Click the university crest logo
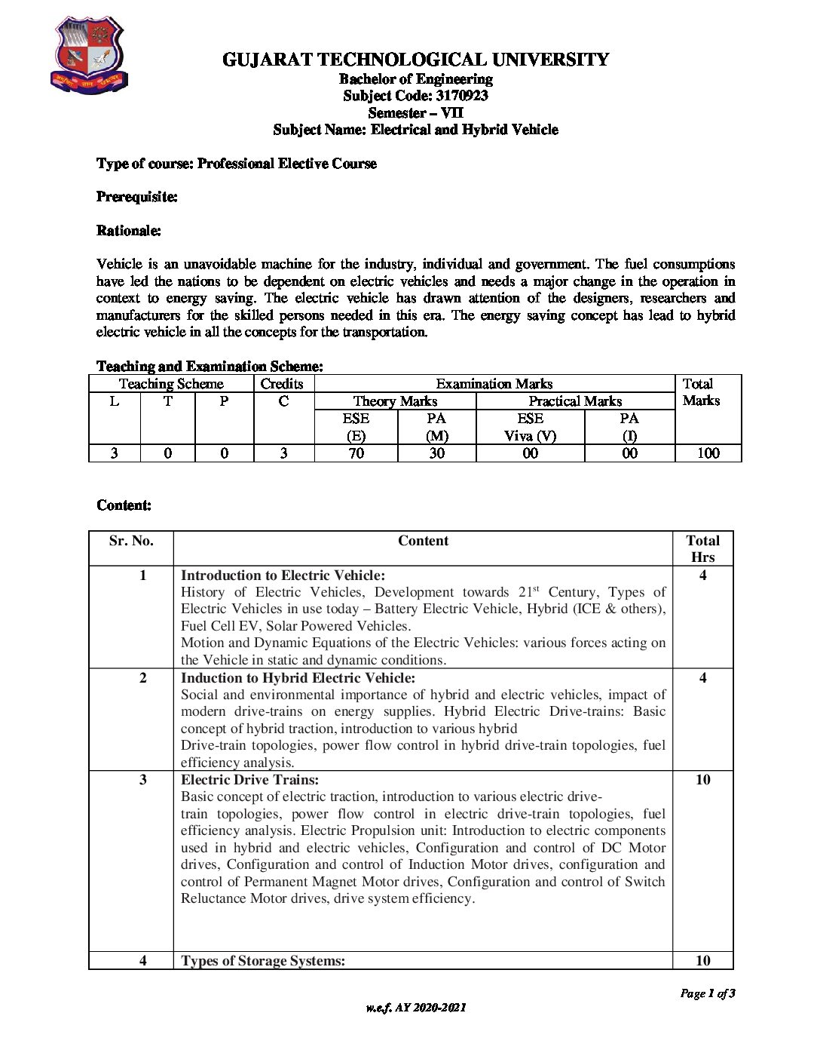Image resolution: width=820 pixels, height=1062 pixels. pos(89,57)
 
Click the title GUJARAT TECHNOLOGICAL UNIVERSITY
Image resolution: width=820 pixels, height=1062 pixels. pos(415,60)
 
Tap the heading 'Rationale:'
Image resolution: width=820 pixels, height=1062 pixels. pos(129,231)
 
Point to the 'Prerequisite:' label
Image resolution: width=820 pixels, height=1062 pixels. pos(137,197)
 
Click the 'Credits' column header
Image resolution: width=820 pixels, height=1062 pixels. pos(282,384)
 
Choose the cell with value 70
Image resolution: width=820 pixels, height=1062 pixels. pos(356,453)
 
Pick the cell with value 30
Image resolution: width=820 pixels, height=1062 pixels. pos(436,453)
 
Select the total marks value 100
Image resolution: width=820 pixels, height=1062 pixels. pos(708,453)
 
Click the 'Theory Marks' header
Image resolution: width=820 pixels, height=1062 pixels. pos(395,401)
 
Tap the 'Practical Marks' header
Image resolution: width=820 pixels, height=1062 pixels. pos(575,401)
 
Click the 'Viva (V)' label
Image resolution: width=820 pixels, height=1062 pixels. pos(530,436)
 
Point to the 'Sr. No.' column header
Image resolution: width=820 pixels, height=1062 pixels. pos(131,541)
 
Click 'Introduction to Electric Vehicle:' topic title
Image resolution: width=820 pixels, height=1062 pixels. pos(283,576)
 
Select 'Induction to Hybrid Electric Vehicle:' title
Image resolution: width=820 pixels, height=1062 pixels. pos(298,678)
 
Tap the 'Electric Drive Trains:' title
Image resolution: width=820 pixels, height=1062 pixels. pos(249,780)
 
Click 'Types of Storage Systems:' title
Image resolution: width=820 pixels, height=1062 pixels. pos(263,961)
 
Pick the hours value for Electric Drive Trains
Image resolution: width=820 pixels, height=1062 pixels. pos(702,780)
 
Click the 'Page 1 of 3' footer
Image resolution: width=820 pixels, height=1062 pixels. pos(707,993)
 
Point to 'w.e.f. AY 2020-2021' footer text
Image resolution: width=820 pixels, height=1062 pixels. pos(416,1008)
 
